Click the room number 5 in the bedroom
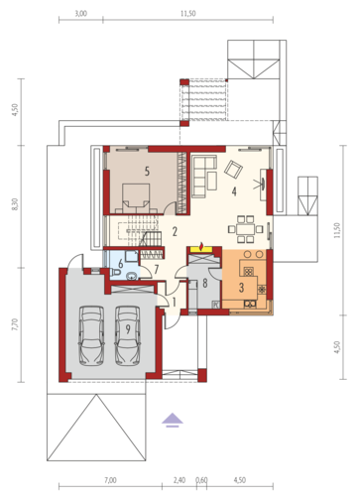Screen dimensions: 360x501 147,171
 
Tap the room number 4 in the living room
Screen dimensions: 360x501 234,191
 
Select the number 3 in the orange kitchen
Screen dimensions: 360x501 241,288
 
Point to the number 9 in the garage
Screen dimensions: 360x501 128,329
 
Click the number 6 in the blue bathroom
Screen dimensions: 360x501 121,264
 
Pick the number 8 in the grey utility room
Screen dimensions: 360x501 205,283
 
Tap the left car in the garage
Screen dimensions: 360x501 91,335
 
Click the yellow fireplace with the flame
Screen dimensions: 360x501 201,250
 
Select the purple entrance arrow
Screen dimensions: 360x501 173,421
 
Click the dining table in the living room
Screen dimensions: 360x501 245,229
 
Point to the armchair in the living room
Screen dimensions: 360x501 233,169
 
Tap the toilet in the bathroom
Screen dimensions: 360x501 115,273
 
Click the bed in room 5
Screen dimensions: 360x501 136,198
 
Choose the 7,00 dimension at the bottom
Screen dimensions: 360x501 110,480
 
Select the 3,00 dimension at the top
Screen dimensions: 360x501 81,14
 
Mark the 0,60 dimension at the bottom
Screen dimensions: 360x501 201,480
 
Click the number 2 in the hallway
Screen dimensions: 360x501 175,231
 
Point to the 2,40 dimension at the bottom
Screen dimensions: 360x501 180,480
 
